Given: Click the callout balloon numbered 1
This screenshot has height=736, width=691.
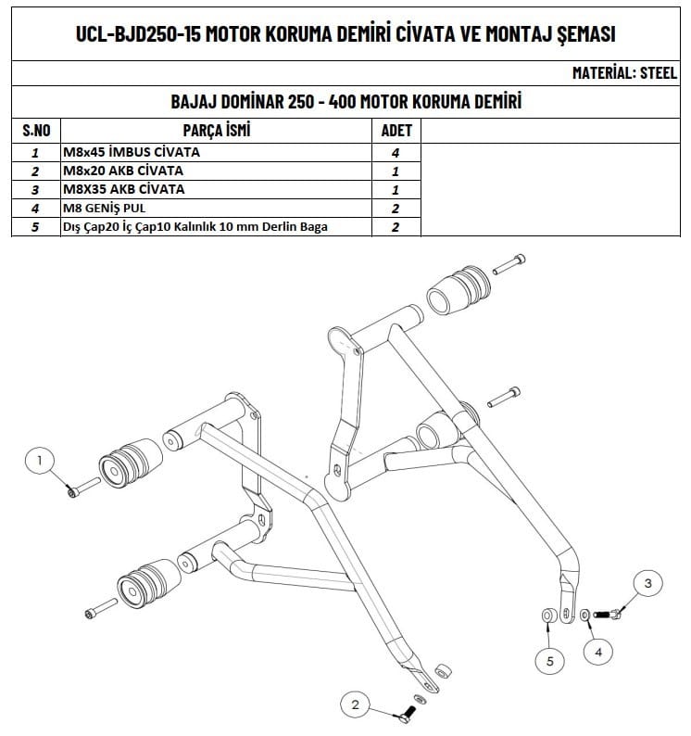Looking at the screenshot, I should (40, 459).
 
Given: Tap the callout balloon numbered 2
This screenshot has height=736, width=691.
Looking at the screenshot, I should (355, 705).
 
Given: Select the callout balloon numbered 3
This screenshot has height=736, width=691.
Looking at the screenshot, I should (647, 583).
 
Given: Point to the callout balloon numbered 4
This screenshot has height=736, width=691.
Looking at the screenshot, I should (597, 652).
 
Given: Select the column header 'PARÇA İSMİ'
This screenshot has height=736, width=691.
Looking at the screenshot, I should (218, 131).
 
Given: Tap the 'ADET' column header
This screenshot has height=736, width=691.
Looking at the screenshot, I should (396, 131).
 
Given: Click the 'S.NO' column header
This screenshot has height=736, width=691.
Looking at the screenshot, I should (34, 131).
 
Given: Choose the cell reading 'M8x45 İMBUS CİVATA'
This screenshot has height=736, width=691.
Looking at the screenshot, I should (131, 152).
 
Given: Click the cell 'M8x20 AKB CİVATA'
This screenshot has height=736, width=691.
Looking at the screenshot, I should (122, 171).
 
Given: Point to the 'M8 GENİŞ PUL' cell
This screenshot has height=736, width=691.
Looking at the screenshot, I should (103, 208).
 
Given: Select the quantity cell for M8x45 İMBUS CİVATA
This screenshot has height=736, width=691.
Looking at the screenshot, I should (396, 152).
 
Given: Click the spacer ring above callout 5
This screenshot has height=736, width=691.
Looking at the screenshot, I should (547, 615).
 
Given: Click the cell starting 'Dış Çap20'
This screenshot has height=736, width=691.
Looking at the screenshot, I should (195, 226).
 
